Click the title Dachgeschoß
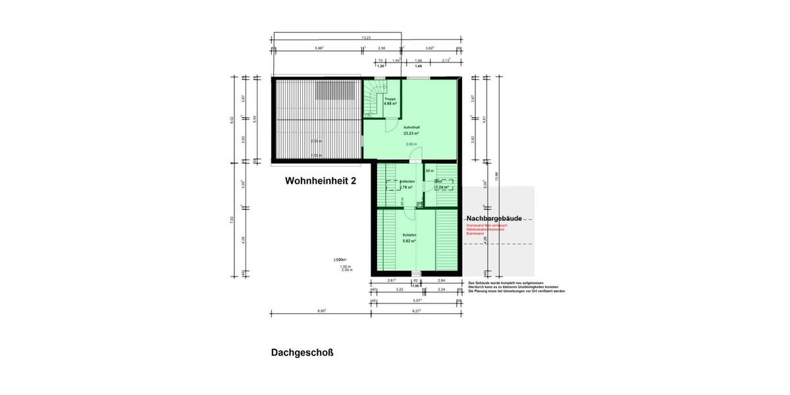tap(302, 352)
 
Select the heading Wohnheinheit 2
tap(320, 180)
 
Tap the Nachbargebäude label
tap(494, 218)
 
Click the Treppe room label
tap(390, 99)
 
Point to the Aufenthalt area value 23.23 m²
tap(411, 133)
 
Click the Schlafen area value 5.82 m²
tap(409, 241)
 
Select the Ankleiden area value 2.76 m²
tap(406, 187)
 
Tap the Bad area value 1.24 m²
tap(442, 187)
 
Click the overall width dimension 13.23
tap(366, 38)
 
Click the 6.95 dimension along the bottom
tap(322, 309)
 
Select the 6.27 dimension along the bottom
tap(417, 309)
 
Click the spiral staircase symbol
tap(376, 99)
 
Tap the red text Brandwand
tap(475, 233)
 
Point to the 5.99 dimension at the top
tap(319, 48)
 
